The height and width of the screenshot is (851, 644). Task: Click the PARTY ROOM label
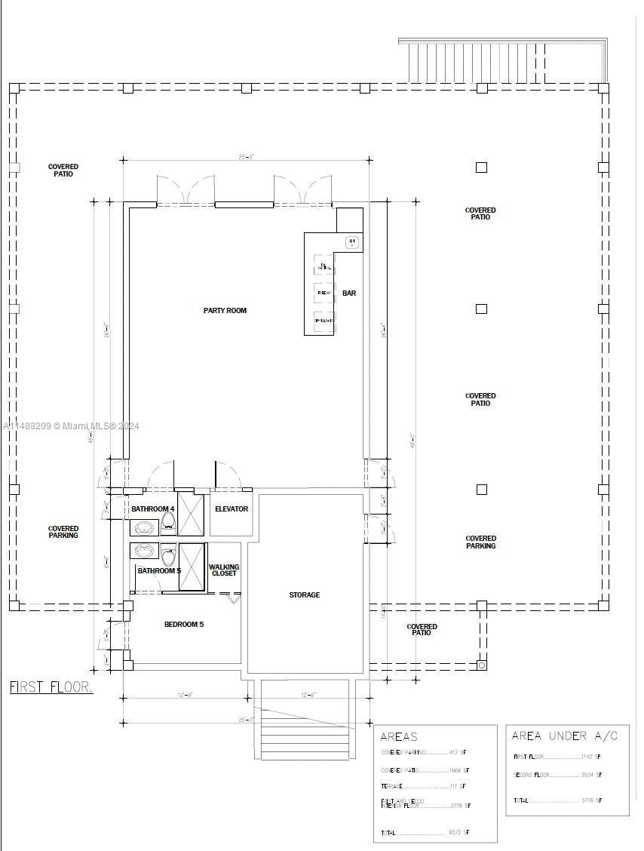click(225, 311)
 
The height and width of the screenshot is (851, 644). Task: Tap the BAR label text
click(349, 293)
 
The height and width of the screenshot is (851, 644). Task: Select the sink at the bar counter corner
click(352, 242)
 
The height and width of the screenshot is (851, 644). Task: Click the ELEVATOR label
click(232, 509)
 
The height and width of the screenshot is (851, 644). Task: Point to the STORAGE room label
click(305, 595)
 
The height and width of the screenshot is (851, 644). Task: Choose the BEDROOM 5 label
click(184, 625)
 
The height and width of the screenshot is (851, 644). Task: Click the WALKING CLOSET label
click(224, 570)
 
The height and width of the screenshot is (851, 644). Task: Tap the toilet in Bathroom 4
click(167, 527)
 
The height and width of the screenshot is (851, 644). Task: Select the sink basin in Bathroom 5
click(144, 551)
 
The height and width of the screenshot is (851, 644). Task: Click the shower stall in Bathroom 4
click(191, 515)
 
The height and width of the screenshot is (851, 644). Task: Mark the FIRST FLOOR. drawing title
click(51, 687)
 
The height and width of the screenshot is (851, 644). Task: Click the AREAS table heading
click(399, 737)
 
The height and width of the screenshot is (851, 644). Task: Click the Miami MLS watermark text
click(72, 426)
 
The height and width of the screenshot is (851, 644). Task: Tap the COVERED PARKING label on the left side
click(63, 533)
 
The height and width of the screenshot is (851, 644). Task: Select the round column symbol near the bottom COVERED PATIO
click(482, 665)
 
